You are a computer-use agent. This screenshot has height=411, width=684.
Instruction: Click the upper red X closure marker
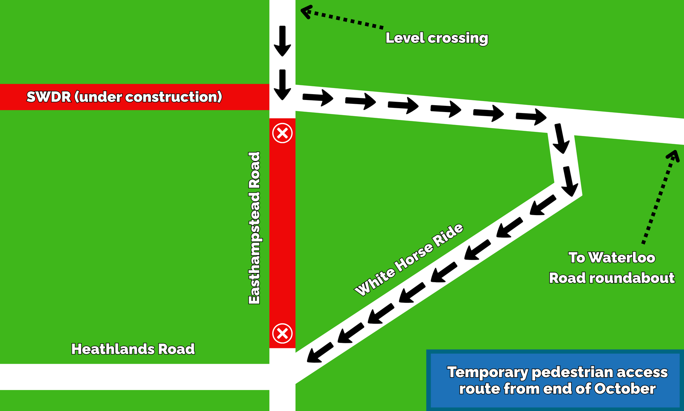282,133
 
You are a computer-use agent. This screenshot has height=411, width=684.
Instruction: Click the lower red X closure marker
282,333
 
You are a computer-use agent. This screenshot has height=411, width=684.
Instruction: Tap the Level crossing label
437,38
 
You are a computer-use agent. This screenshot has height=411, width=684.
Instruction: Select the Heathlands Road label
133,349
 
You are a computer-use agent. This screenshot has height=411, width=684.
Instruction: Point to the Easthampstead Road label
254,228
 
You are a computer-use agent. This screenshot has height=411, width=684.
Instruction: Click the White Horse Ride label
409,259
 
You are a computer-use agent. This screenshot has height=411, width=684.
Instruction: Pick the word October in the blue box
625,389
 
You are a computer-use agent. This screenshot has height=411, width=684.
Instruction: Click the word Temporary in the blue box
488,372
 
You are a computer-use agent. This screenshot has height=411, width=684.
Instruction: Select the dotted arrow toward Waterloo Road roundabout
661,197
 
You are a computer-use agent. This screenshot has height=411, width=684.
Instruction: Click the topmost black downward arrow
282,41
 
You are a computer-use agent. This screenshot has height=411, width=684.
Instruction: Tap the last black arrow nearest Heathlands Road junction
320,352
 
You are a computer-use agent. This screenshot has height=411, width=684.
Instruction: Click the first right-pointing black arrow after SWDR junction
318,97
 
